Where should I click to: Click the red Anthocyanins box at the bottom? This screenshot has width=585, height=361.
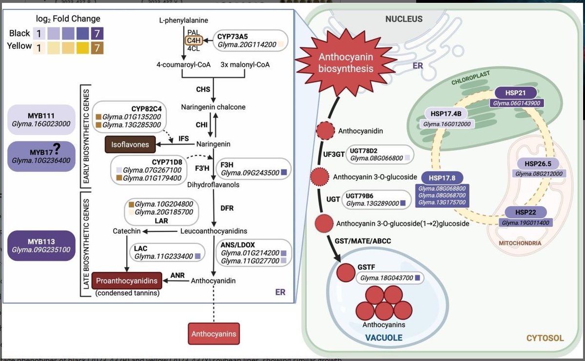214,334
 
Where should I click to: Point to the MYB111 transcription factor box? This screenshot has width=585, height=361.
41,120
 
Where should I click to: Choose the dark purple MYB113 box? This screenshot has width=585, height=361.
41,245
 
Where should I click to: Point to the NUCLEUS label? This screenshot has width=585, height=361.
404,20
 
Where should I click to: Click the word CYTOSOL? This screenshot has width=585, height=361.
545,338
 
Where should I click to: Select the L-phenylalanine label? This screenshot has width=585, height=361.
183,20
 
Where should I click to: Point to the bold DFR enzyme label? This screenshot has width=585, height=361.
227,208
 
